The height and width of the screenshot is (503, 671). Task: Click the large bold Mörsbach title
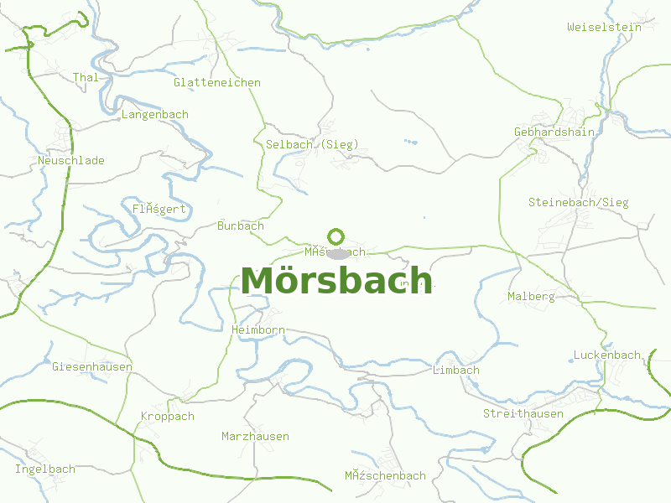coord(336,281)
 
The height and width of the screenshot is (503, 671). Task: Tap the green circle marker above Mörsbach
coord(336,236)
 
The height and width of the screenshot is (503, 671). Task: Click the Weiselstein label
coord(604,27)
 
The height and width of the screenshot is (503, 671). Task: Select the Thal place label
coord(86,78)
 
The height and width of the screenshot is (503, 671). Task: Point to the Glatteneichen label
coord(217,82)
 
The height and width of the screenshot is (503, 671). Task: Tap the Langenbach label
coord(155,114)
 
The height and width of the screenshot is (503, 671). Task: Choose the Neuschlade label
coord(71,160)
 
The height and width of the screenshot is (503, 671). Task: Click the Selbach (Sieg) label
coord(312,144)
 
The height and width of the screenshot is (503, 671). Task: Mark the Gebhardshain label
coord(554,132)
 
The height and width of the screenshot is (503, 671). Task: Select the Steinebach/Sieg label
coord(578,202)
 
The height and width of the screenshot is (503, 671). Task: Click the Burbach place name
coord(241,226)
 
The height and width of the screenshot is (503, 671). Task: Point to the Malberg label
coord(531,296)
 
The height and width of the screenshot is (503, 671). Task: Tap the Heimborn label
coord(258,330)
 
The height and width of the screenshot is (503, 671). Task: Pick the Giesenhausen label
coord(92,366)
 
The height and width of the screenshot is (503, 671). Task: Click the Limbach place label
coord(456,370)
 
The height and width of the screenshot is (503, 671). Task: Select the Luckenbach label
coord(607,355)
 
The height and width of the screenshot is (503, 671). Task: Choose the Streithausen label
coord(523,413)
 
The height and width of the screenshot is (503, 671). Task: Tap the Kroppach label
coord(168,416)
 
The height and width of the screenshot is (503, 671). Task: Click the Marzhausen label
coord(255,436)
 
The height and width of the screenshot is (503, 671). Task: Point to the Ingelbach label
coord(45,469)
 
